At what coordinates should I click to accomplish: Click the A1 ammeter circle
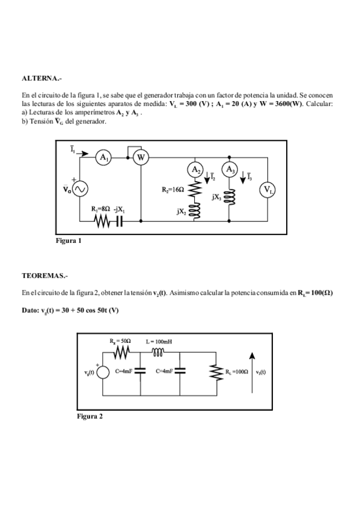(x=105, y=157)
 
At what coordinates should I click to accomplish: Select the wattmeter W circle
(x=141, y=157)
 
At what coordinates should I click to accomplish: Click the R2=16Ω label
(x=173, y=189)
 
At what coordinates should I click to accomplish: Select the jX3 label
(x=217, y=196)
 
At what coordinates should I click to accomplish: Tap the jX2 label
(x=182, y=211)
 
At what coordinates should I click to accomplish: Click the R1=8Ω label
(x=100, y=209)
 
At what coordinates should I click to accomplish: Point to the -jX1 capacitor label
(x=119, y=209)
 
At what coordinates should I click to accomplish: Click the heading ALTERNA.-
(x=41, y=79)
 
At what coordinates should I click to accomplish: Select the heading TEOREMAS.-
(x=44, y=275)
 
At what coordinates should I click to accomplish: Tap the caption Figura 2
(x=90, y=416)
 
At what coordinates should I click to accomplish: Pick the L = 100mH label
(x=160, y=341)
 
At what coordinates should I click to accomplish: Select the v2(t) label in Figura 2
(x=261, y=372)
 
